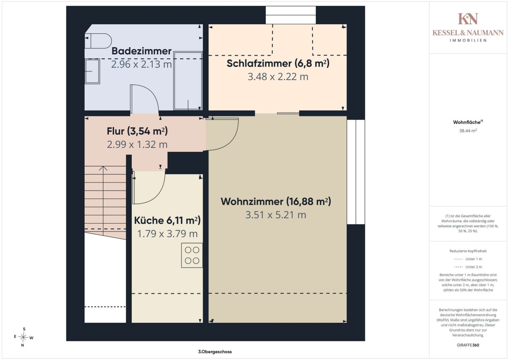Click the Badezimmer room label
[141, 51]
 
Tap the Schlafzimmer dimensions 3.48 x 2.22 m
[278, 77]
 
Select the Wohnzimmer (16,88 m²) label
[276, 202]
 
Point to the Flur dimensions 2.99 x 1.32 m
[137, 145]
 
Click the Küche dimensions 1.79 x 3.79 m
[167, 234]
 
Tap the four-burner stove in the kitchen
[192, 255]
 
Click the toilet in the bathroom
[98, 41]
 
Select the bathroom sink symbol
[92, 71]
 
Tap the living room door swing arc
[232, 141]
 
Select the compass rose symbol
[23, 337]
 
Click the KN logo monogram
[468, 19]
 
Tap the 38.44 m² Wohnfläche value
[468, 131]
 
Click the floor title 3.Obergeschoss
[215, 352]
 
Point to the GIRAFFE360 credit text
[468, 345]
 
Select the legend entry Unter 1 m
[468, 259]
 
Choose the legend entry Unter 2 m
[468, 267]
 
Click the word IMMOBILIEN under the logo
[468, 40]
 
